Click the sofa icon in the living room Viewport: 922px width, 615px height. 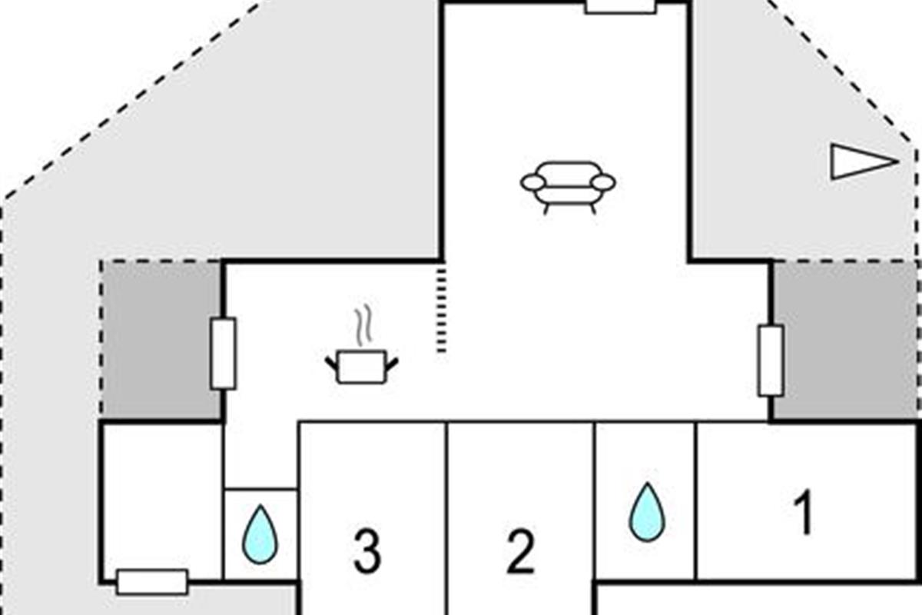point(568,188)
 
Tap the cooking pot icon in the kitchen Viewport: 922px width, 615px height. point(362,367)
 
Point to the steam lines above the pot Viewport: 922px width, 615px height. point(364,325)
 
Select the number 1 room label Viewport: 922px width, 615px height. point(804,512)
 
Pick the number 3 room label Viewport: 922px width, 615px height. point(367,550)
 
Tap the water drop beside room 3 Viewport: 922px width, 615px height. point(260,535)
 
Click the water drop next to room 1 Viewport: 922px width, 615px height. point(647,512)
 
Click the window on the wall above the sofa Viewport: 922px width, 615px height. point(620,7)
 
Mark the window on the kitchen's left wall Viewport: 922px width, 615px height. point(223,354)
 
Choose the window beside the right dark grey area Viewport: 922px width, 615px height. point(771,361)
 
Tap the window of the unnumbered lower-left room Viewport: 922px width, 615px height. point(152,582)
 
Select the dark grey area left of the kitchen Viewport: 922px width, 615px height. point(161,341)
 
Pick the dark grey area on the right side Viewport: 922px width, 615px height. point(844,341)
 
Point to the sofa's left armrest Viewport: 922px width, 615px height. point(533,182)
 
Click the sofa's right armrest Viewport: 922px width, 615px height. point(603,182)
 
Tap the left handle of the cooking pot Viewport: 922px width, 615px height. point(331,363)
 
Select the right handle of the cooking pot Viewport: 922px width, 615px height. point(393,363)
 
